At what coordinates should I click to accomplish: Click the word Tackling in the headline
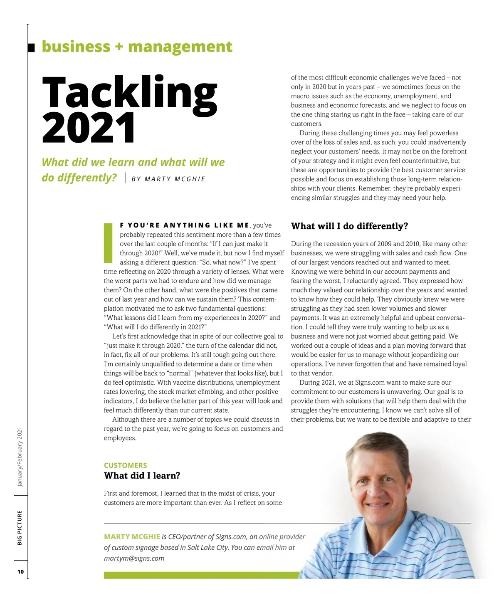tap(129, 92)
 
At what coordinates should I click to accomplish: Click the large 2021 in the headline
tap(89, 128)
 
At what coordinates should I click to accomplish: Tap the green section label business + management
tap(137, 47)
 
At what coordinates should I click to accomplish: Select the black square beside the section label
tap(31, 47)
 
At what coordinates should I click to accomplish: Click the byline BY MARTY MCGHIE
tap(168, 179)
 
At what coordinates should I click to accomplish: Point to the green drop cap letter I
tap(108, 243)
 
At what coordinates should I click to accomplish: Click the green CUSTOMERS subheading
tap(125, 465)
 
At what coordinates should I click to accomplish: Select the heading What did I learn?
tap(142, 476)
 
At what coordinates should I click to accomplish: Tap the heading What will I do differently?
tap(349, 226)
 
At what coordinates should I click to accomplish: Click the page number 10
tap(20, 572)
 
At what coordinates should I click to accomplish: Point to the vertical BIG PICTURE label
tap(20, 528)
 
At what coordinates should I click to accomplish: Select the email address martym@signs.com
tap(134, 559)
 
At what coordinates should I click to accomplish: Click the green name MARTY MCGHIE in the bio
tap(132, 537)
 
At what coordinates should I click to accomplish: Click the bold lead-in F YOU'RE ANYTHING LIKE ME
tap(184, 225)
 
